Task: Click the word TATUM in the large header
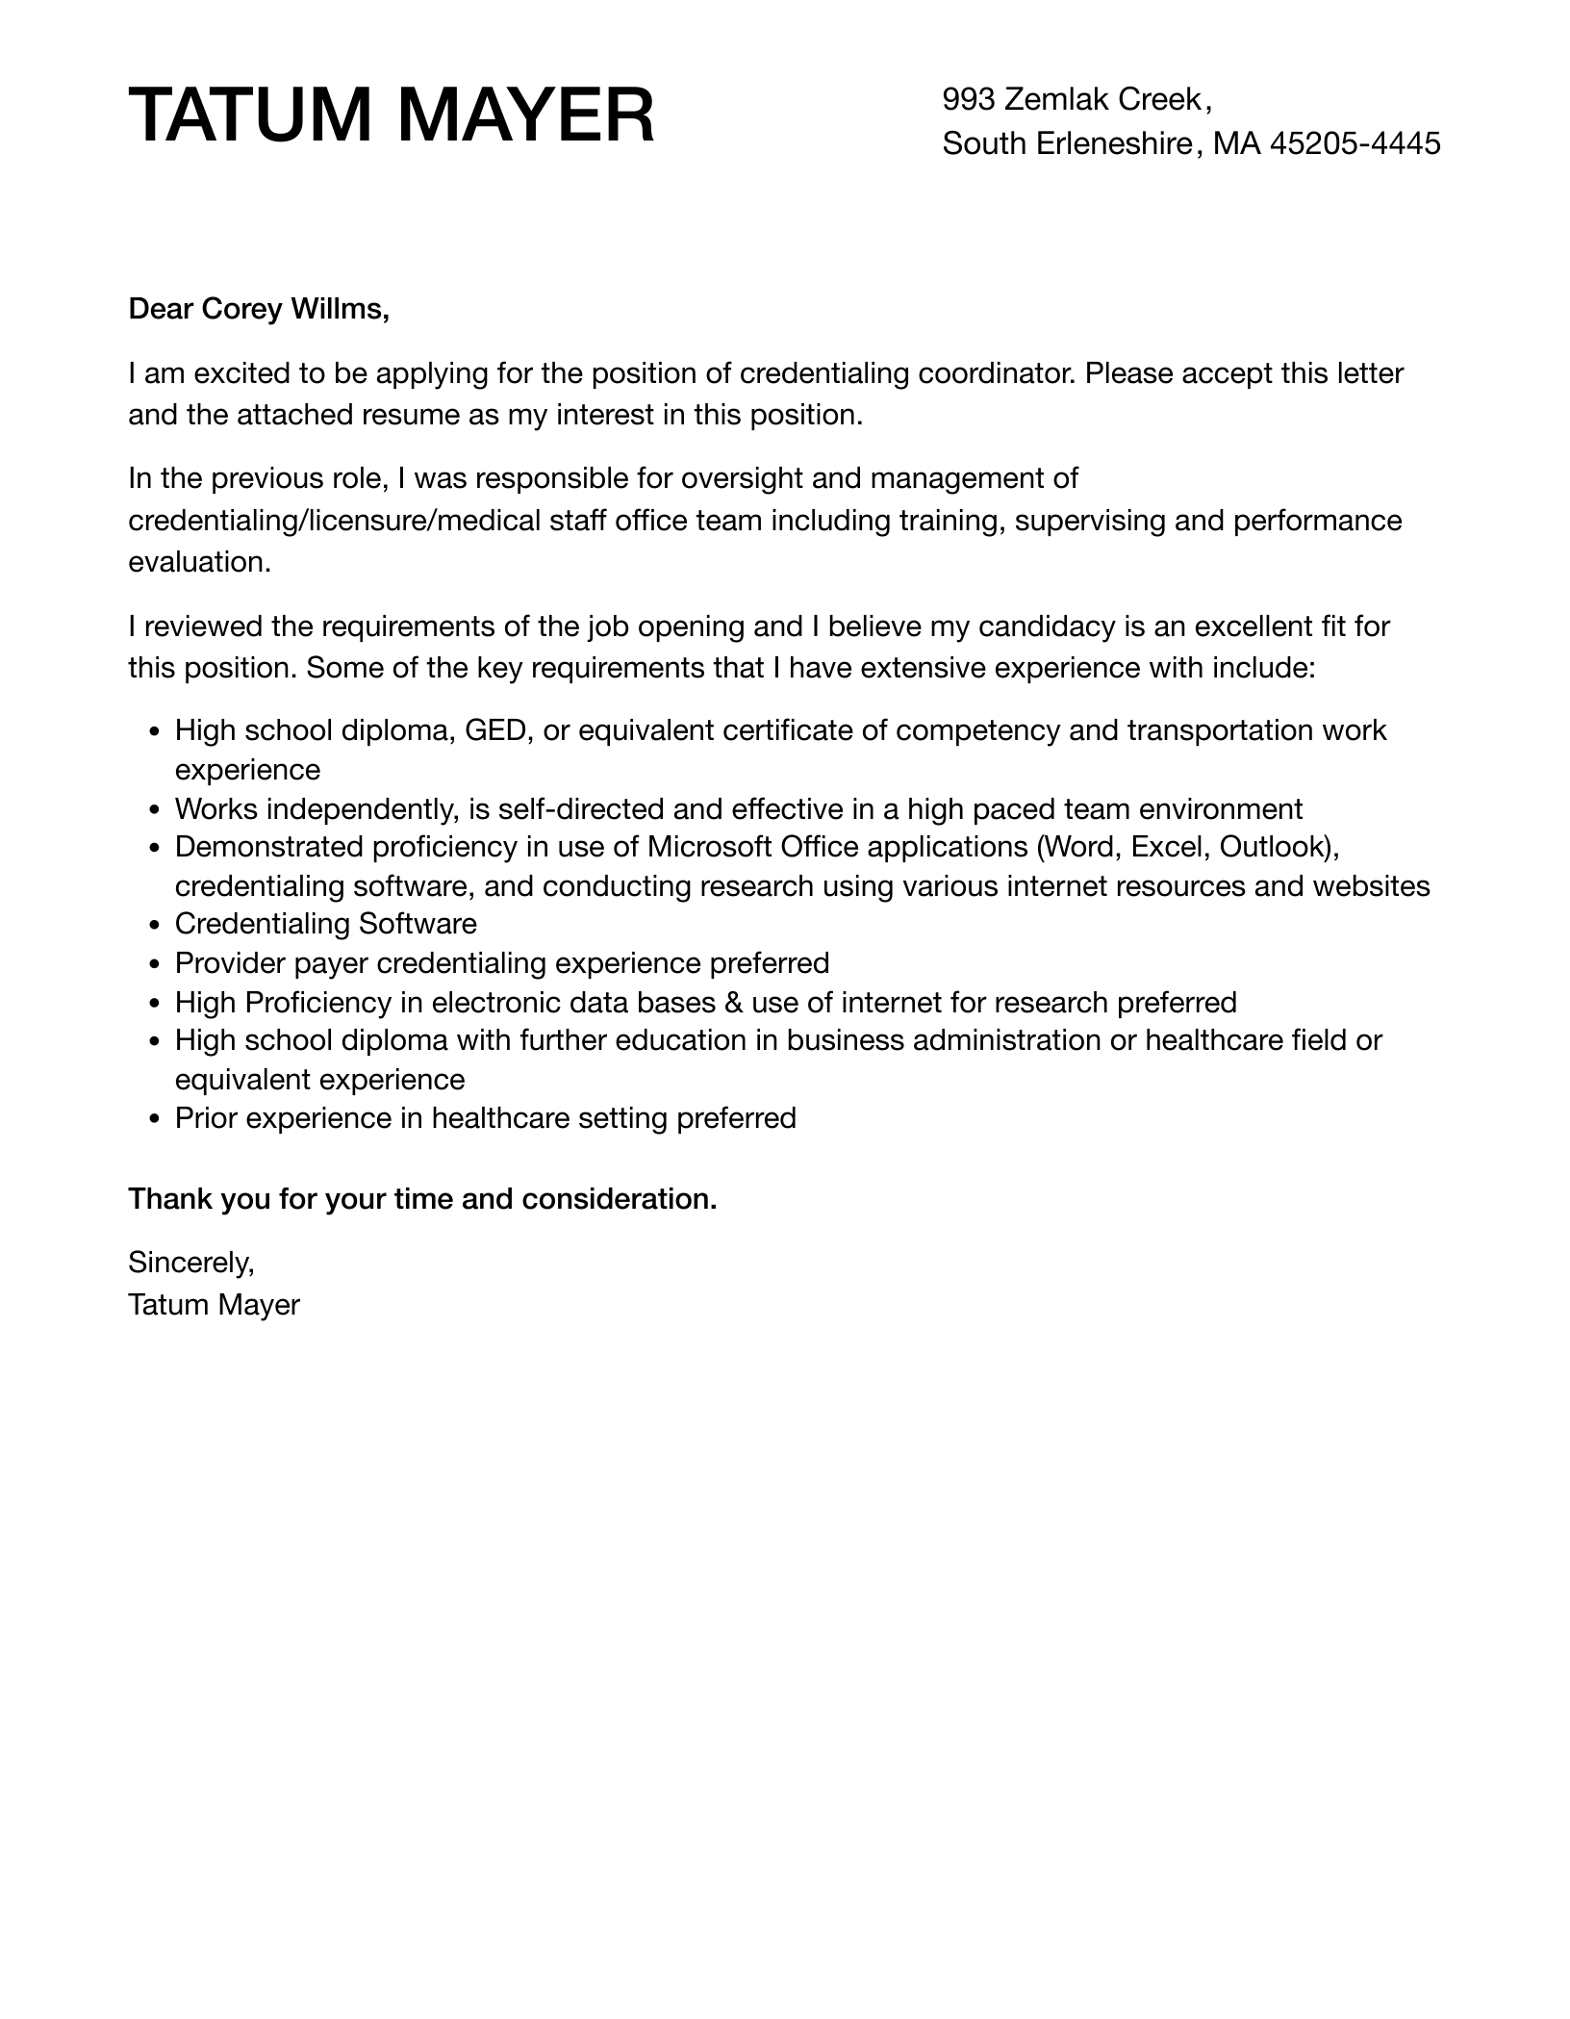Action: (250, 116)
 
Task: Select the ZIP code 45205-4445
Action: (1355, 143)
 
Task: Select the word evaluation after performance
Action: (199, 562)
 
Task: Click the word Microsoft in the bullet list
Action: (709, 847)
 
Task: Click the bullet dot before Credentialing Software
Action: (156, 926)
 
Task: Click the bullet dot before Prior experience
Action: (156, 1120)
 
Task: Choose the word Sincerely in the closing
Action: (190, 1262)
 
